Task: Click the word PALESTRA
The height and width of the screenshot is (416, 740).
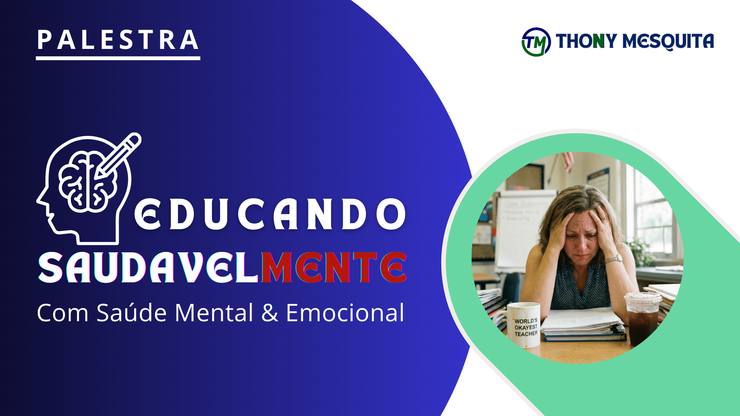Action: [118, 40]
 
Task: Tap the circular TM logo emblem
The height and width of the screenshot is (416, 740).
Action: [536, 42]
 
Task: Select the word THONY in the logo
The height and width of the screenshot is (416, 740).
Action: [586, 41]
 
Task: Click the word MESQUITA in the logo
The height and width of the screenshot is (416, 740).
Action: [668, 41]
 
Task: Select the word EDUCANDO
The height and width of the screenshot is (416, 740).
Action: [270, 214]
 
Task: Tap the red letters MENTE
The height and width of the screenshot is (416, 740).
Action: [334, 267]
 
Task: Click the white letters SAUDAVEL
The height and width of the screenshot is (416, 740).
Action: [149, 267]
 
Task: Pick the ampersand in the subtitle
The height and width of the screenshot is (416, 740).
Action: [270, 313]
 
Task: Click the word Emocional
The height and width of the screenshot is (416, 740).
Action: [345, 312]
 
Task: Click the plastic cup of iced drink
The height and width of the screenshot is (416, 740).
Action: [642, 318]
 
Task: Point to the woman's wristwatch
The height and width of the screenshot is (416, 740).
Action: [614, 259]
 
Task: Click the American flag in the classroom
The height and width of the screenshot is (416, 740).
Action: [567, 161]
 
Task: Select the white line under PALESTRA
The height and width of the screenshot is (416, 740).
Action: [118, 58]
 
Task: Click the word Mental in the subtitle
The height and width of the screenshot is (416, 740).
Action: [214, 312]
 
